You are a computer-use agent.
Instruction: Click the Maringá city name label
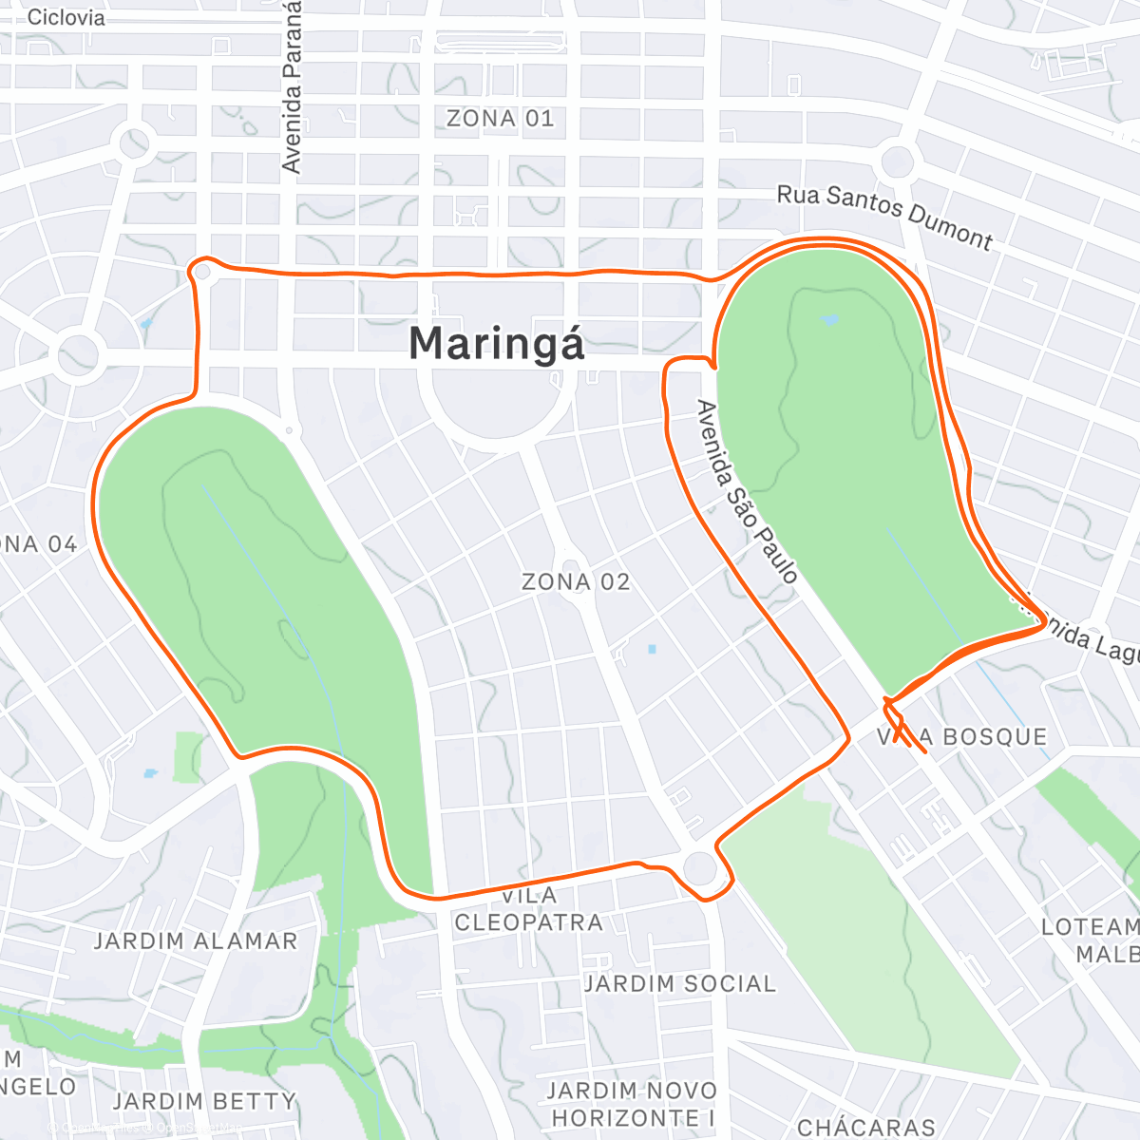[496, 344]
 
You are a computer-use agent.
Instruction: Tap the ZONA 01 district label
[500, 119]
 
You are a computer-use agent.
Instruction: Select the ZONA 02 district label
[576, 581]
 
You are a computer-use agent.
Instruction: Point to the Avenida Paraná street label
[292, 87]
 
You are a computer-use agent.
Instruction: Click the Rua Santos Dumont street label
[884, 217]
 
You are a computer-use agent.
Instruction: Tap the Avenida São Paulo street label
[748, 491]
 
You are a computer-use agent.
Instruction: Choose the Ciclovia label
[66, 17]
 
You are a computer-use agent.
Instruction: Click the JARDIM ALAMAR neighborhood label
[196, 941]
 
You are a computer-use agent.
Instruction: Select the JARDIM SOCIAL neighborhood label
[679, 983]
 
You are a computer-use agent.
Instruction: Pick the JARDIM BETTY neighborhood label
[204, 1101]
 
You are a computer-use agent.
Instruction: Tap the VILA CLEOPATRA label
[528, 909]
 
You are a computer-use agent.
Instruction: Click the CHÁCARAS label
[866, 1128]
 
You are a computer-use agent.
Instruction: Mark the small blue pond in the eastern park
[829, 320]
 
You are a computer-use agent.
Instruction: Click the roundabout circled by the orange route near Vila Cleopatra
[700, 868]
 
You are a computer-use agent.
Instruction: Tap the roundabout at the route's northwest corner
[202, 272]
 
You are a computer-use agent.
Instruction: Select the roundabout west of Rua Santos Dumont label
[896, 162]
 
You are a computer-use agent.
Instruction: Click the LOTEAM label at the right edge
[1090, 927]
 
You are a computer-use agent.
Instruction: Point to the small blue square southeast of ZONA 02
[652, 650]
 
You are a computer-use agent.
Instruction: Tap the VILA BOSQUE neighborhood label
[961, 737]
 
